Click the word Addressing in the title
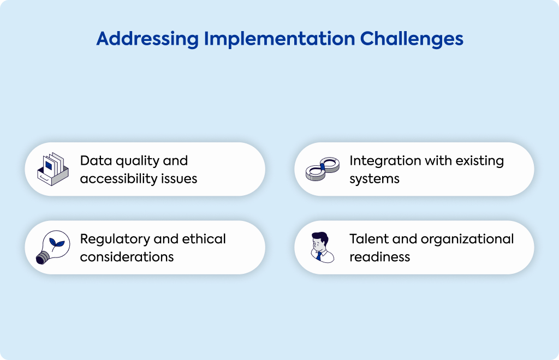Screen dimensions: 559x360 [x=147, y=39]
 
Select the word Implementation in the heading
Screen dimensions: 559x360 [x=279, y=39]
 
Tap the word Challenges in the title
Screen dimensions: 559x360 [x=412, y=39]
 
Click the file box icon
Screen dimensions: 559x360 [x=53, y=169]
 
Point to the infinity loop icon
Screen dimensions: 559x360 [x=323, y=169]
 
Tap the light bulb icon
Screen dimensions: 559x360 [x=53, y=247]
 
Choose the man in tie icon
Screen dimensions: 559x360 [x=323, y=247]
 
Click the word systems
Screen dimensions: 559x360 [x=374, y=179]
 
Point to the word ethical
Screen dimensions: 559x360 [x=204, y=238]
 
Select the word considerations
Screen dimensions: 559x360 [x=127, y=257]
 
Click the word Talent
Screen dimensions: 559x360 [x=368, y=238]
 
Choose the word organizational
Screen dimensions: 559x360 [x=467, y=239]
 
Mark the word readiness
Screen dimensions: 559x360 [x=380, y=257]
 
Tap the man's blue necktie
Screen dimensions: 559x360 [x=319, y=256]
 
